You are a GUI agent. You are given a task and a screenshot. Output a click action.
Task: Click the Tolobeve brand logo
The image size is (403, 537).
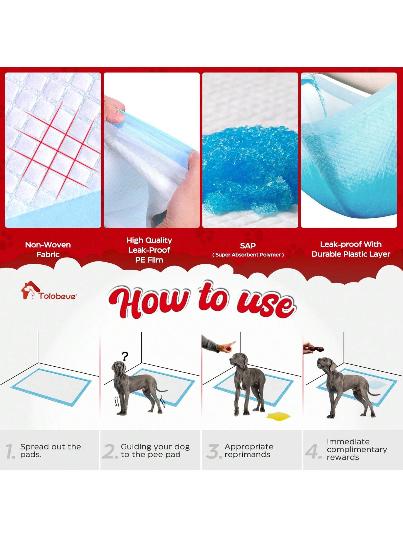tap(49, 291)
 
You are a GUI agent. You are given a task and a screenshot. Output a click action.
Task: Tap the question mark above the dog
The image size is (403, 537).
tap(125, 356)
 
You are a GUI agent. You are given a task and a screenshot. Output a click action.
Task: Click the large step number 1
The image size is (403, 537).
tap(10, 452)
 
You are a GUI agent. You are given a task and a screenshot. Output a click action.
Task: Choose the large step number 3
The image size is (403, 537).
tap(213, 452)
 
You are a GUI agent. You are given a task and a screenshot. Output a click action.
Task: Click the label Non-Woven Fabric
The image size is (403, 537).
tap(48, 250)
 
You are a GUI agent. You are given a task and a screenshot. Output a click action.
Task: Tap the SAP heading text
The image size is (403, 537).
tap(248, 246)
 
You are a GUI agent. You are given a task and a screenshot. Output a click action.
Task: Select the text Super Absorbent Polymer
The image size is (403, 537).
tap(248, 255)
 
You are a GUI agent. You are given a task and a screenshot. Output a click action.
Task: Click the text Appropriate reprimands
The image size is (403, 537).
tap(249, 450)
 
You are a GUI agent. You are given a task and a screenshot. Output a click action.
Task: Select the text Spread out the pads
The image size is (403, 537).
tap(50, 450)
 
